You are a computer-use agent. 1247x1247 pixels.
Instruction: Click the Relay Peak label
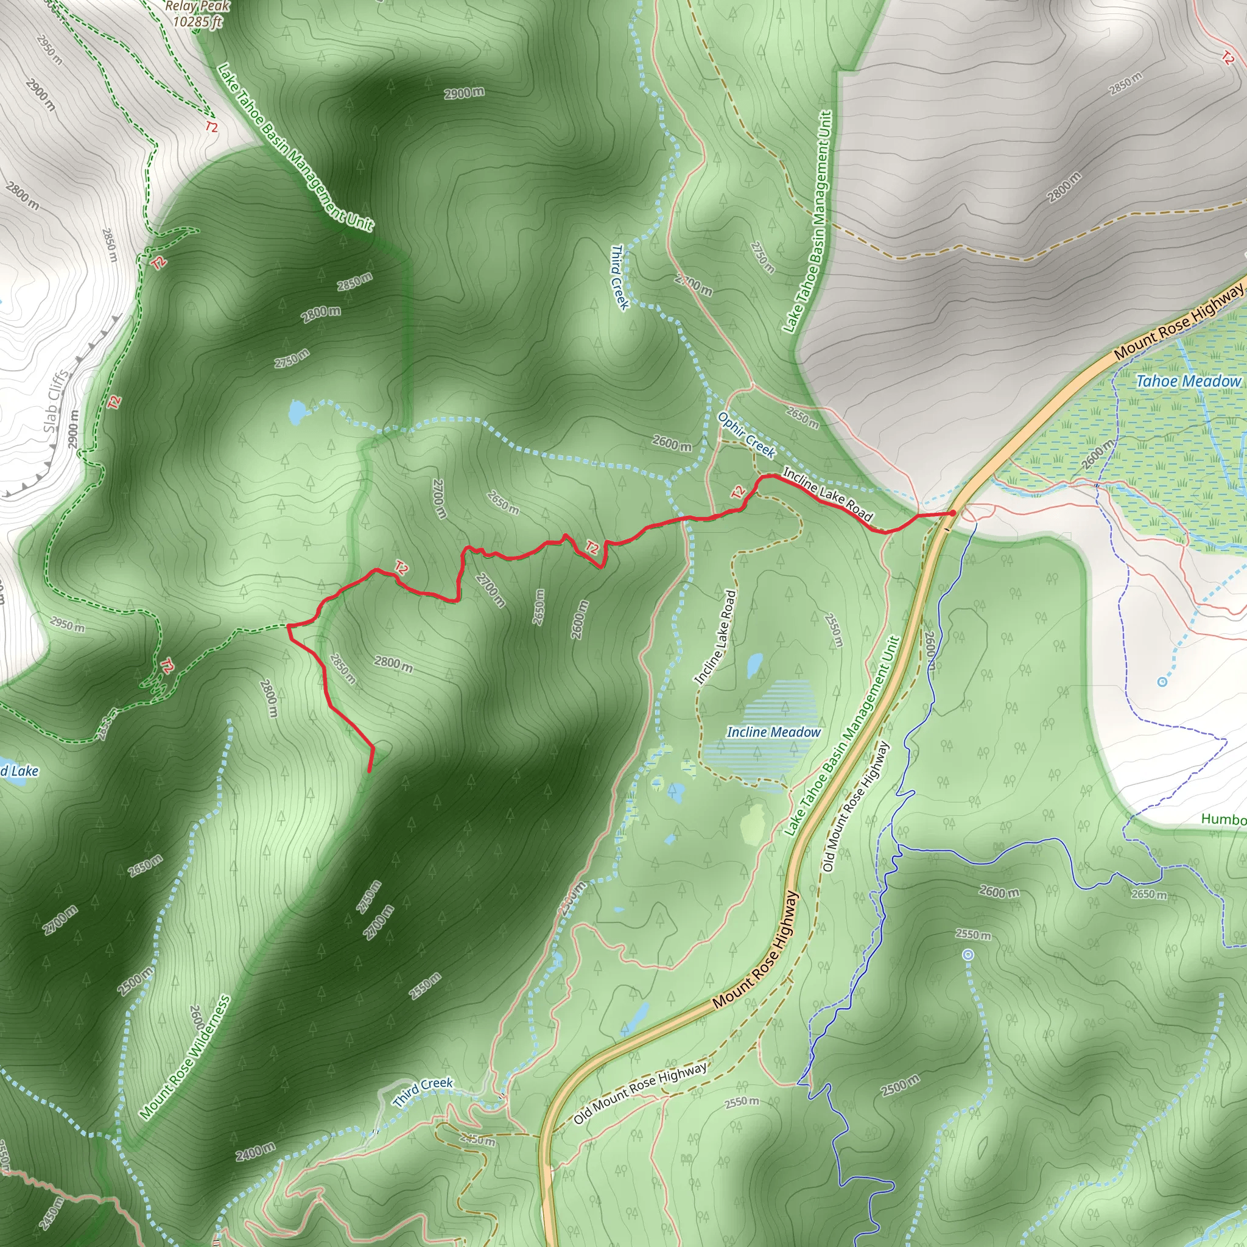pyautogui.click(x=197, y=7)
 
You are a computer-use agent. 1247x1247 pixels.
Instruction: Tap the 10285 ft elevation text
pyautogui.click(x=197, y=21)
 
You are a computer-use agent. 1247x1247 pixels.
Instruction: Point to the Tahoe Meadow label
pyautogui.click(x=1189, y=381)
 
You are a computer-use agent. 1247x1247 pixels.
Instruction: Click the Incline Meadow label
pyautogui.click(x=773, y=732)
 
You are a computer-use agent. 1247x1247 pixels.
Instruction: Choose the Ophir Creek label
pyautogui.click(x=746, y=436)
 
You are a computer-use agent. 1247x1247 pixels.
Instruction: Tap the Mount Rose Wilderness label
pyautogui.click(x=185, y=1056)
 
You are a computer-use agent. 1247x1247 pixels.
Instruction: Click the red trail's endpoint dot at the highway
pyautogui.click(x=953, y=513)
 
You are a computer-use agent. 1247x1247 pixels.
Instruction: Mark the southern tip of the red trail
pyautogui.click(x=369, y=771)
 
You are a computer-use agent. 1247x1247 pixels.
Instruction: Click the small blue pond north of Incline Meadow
pyautogui.click(x=754, y=665)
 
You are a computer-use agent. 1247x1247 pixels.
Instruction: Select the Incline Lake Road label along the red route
pyautogui.click(x=827, y=494)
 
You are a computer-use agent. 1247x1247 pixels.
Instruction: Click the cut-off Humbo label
pyautogui.click(x=1223, y=819)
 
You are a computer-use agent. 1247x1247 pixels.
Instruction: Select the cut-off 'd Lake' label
pyautogui.click(x=19, y=771)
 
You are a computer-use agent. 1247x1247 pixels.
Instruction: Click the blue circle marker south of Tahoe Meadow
pyautogui.click(x=1162, y=681)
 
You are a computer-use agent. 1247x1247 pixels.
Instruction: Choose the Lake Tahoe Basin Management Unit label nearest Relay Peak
pyautogui.click(x=295, y=147)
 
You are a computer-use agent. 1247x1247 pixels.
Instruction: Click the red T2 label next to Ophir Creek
pyautogui.click(x=739, y=493)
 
